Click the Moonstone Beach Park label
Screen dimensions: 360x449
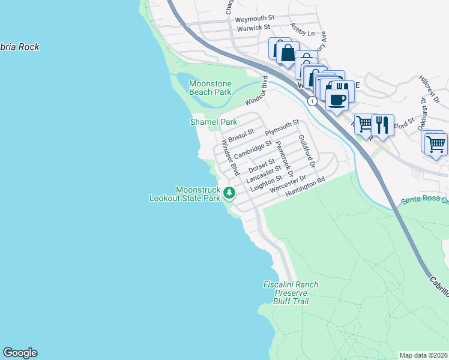(210, 88)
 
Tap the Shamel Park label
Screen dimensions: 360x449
(214, 122)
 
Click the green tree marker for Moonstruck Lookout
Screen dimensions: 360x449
(229, 193)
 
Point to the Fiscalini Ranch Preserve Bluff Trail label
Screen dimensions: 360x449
(291, 293)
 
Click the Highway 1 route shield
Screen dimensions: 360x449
(312, 101)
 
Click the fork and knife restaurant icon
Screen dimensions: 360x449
(382, 125)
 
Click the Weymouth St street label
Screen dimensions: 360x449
(255, 19)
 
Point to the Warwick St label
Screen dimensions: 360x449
(252, 28)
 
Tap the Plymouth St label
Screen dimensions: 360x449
(282, 127)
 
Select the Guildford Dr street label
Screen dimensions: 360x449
(306, 151)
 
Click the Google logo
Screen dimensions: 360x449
(20, 353)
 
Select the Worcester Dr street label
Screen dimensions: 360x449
(288, 185)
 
